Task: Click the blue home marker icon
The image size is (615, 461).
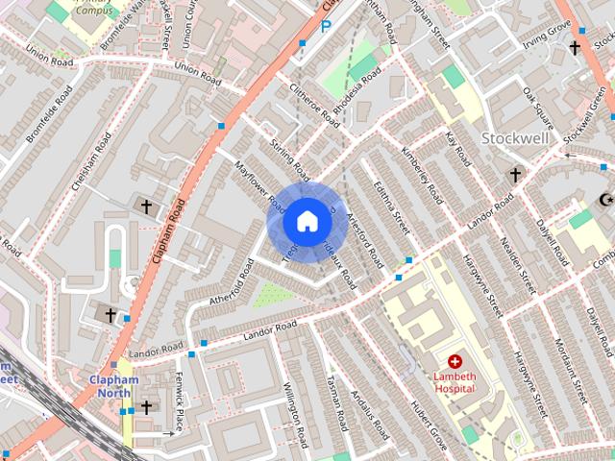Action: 306,222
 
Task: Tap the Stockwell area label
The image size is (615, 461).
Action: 515,138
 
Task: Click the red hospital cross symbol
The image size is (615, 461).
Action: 455,362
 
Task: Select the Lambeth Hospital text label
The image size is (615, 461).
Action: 455,382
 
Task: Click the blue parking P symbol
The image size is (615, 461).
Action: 327,27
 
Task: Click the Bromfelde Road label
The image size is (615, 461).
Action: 49,115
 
